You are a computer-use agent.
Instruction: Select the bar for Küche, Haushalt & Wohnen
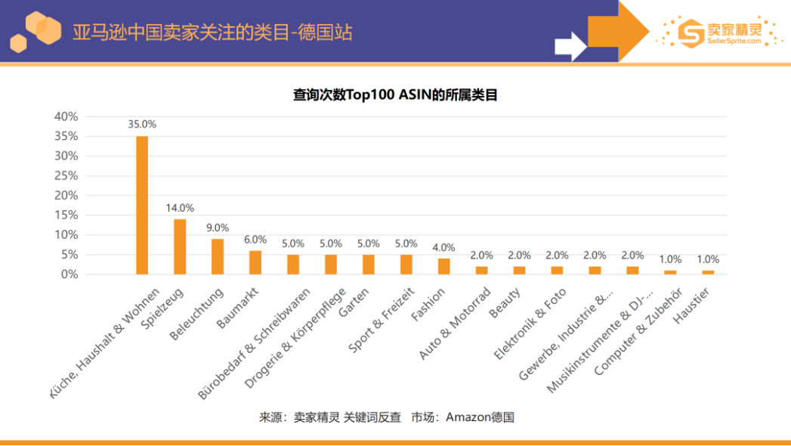(x=142, y=206)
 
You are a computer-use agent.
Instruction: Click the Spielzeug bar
(x=180, y=247)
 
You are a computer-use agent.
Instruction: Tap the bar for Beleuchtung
(x=218, y=257)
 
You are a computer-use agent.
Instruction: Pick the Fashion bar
(x=444, y=267)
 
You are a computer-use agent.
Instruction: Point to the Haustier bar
(x=708, y=272)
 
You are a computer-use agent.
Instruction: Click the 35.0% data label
(x=142, y=125)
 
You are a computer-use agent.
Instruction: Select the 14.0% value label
(x=180, y=208)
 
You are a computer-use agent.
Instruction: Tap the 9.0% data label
(x=218, y=228)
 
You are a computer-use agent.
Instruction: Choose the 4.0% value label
(x=444, y=247)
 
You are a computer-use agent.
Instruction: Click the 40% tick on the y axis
(x=66, y=116)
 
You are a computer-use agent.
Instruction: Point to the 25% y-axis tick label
(x=66, y=175)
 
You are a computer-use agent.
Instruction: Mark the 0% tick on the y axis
(x=69, y=274)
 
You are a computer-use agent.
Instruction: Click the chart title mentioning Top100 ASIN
(x=395, y=95)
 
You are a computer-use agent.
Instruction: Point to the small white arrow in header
(x=570, y=45)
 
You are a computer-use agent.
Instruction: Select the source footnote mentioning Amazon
(x=387, y=417)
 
